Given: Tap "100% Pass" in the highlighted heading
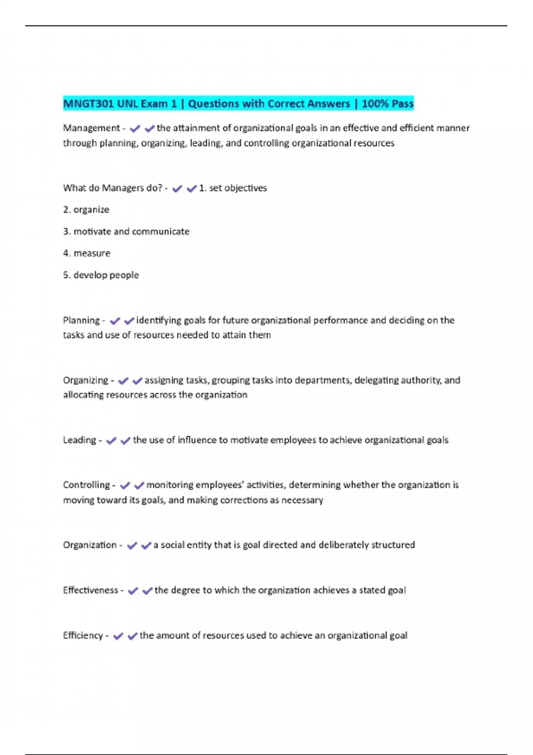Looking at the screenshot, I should point(387,104).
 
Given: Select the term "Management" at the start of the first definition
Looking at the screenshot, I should point(91,128).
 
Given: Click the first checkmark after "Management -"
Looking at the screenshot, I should point(135,129).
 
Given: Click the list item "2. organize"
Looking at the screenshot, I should point(86,210).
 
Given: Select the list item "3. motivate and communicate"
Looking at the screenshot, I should point(126,231).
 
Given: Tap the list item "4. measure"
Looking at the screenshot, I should point(87,253).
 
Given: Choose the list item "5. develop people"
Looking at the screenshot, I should point(101,275).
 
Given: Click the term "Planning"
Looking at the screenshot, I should point(81,320).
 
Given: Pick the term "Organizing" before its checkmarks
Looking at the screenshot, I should point(85,380).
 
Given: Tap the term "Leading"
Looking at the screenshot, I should point(80,440).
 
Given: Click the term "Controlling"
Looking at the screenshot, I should point(86,485).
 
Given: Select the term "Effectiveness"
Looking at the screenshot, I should point(90,590).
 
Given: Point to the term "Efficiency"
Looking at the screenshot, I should point(83,636).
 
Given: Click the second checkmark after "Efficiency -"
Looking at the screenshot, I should point(132,636).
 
